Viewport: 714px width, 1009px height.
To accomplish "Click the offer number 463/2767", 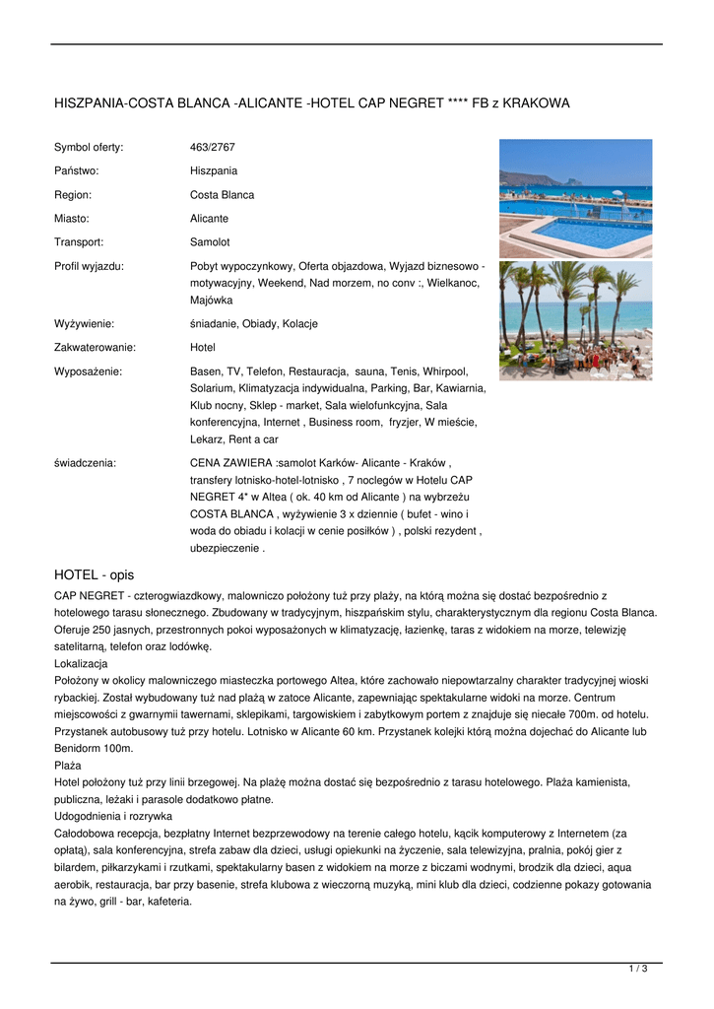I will click(x=213, y=147).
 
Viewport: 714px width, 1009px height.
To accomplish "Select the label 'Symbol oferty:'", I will click(x=89, y=147).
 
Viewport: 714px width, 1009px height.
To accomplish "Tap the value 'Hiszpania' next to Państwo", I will click(x=214, y=170).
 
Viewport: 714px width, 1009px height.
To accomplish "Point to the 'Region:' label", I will click(x=72, y=194).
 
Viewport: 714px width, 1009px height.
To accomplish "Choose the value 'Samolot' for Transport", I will click(x=210, y=241).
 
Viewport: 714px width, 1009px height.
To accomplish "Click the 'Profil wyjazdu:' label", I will click(x=89, y=266).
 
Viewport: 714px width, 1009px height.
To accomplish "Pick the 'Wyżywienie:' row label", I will click(x=84, y=323).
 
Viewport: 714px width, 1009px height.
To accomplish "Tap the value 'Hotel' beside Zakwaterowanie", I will click(x=202, y=347).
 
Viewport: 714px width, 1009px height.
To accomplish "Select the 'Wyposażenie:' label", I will click(x=88, y=371).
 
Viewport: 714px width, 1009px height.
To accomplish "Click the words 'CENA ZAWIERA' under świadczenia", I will click(x=231, y=461).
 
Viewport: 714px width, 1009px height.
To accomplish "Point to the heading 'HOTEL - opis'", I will click(x=94, y=574).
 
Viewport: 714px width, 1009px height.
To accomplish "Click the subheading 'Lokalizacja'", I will click(x=81, y=664).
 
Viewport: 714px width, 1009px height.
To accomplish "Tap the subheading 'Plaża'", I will click(x=68, y=764).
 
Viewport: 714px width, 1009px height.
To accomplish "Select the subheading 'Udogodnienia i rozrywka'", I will click(x=113, y=816).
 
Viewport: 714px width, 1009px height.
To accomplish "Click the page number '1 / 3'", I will click(x=638, y=970).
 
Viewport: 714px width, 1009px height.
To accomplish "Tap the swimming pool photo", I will click(x=575, y=198).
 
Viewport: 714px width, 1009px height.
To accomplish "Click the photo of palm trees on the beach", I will click(x=575, y=320).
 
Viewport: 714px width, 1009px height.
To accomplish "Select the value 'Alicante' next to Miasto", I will click(x=209, y=218).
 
